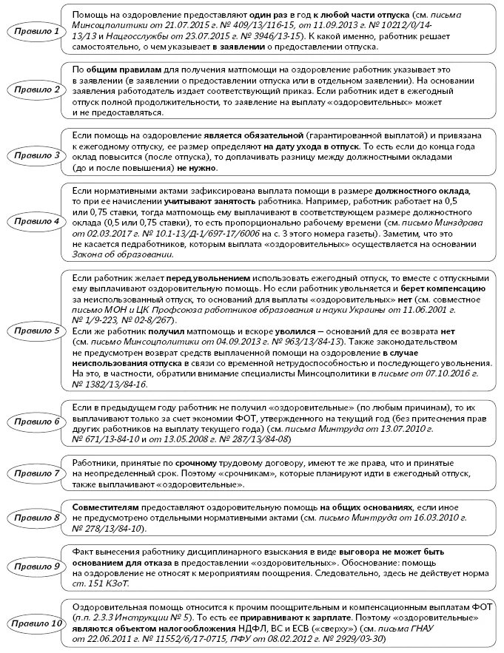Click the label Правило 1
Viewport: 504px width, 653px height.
(34, 32)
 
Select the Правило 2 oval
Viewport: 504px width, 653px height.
(34, 89)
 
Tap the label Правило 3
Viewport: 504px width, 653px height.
(34, 155)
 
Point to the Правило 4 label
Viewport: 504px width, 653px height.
(34, 221)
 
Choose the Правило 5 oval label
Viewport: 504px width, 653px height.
(34, 331)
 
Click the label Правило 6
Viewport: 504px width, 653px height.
(34, 422)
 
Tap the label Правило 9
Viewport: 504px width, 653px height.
(34, 566)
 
